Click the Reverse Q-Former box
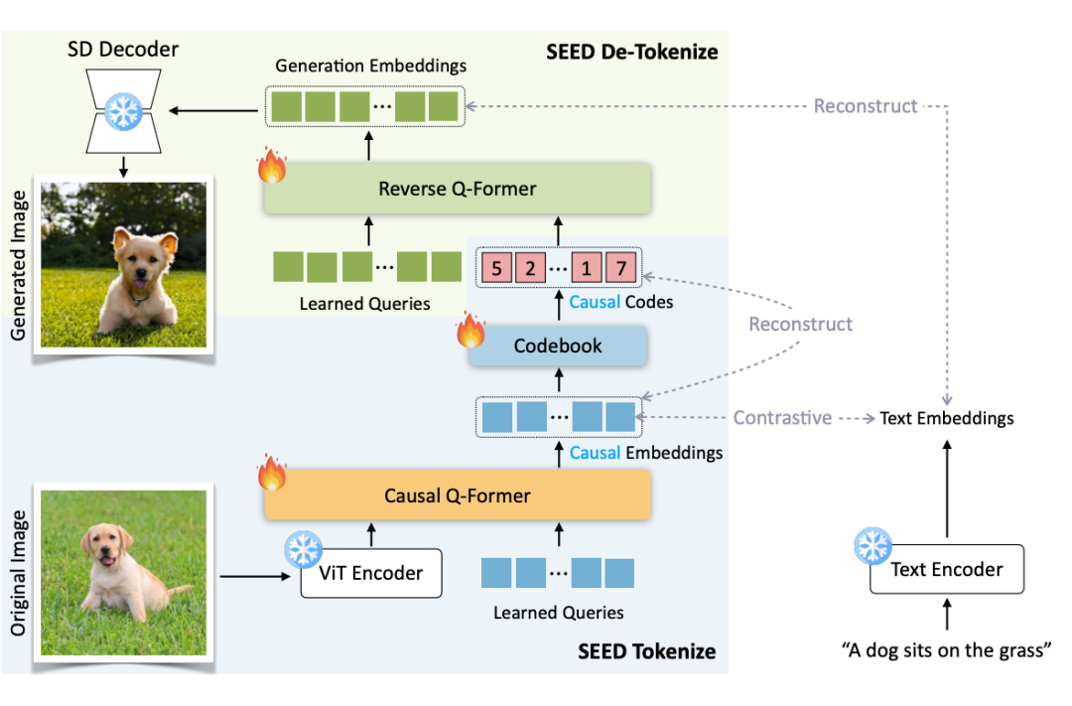(x=457, y=189)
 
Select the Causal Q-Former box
(x=457, y=494)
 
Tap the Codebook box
(x=557, y=346)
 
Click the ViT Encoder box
(x=371, y=573)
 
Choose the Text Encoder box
(x=946, y=570)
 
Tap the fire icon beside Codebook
(x=470, y=331)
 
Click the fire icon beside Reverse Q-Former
(x=272, y=168)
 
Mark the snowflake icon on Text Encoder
(x=873, y=546)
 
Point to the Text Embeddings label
(x=947, y=418)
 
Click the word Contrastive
(x=782, y=418)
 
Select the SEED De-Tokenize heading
(x=631, y=51)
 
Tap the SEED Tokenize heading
(x=646, y=651)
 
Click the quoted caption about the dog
(x=946, y=651)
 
